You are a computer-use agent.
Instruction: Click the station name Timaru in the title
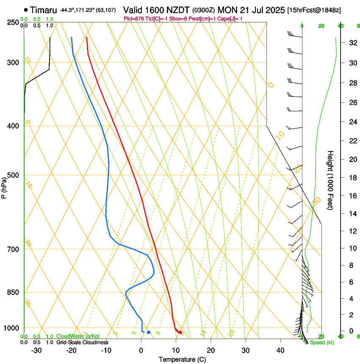click(44, 10)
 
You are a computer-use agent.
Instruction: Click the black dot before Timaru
click(26, 10)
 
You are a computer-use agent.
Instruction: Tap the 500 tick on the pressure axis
click(13, 175)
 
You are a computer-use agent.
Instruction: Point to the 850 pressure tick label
click(13, 292)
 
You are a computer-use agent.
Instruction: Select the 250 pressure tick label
click(13, 22)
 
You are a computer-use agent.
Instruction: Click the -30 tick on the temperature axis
click(36, 350)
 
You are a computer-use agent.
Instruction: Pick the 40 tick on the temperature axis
click(280, 350)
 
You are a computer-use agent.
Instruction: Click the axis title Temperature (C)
click(182, 359)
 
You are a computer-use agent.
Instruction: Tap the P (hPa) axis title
click(4, 186)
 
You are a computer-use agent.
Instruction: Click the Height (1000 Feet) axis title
click(331, 180)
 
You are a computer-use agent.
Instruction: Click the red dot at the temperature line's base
click(180, 332)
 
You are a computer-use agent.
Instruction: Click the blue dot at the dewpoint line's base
click(148, 332)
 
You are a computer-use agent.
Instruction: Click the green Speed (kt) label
click(322, 342)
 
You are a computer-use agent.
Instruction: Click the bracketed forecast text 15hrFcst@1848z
click(314, 10)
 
